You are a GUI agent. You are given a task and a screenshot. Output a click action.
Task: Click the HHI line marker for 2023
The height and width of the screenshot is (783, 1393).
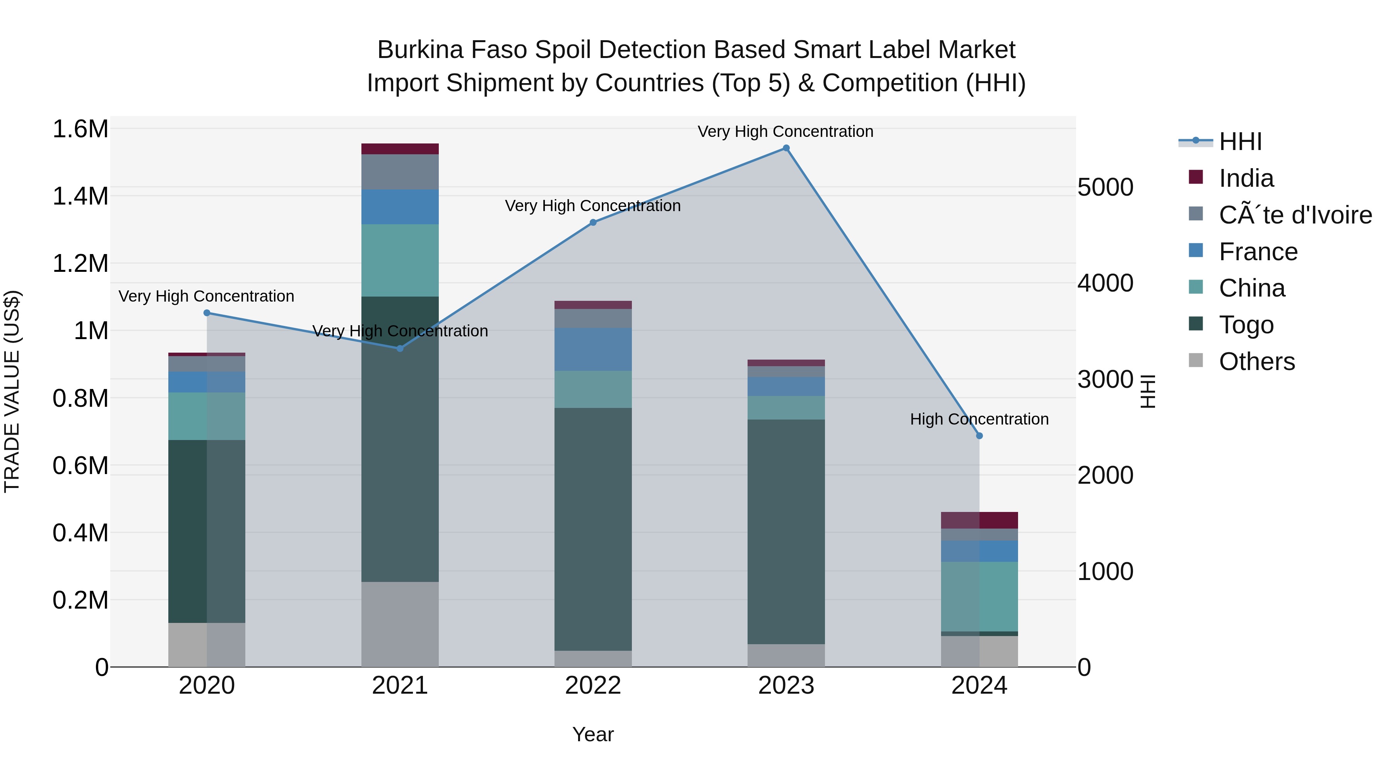(x=786, y=148)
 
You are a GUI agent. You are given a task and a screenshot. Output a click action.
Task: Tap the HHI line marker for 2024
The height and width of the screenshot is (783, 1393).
(x=979, y=435)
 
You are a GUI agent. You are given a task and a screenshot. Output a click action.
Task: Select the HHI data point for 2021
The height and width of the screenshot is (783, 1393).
(x=400, y=348)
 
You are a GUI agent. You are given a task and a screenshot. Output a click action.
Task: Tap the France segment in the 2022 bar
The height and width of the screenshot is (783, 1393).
(x=593, y=349)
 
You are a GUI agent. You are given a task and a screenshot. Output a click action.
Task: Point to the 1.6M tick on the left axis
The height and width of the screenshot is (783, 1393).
(x=80, y=129)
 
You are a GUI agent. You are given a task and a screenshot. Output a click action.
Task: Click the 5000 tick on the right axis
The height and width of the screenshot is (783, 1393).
(x=1105, y=188)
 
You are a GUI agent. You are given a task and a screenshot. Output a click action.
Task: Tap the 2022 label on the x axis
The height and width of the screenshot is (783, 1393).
(x=593, y=686)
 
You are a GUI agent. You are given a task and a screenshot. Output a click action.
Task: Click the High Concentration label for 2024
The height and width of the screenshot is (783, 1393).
(x=979, y=419)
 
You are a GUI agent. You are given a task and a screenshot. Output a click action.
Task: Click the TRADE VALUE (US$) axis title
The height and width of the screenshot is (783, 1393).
(x=12, y=391)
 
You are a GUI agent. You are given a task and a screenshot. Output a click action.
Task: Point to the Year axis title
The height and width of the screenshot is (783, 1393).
(x=593, y=734)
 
